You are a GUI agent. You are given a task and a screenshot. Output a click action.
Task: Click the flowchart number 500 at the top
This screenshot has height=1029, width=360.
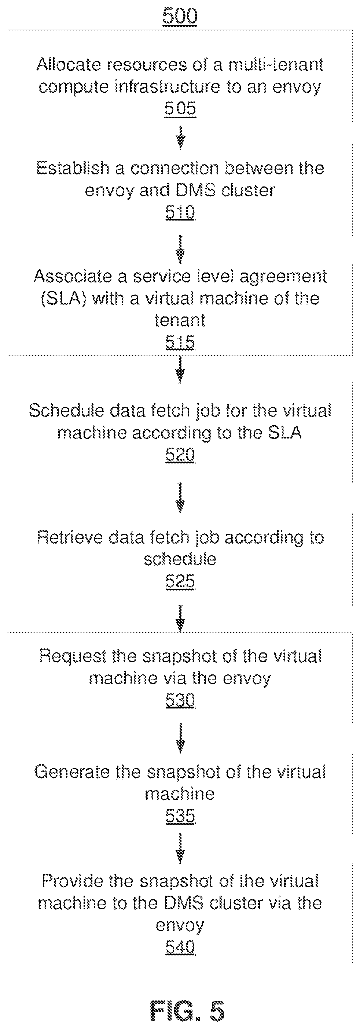[x=180, y=16]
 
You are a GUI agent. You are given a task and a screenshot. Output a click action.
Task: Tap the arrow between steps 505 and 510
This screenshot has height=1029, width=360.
[x=181, y=138]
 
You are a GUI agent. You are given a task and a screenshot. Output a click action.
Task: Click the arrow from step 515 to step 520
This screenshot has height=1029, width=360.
[x=181, y=370]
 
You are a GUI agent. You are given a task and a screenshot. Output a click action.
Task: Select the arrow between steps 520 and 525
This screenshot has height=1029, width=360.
[x=181, y=497]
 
